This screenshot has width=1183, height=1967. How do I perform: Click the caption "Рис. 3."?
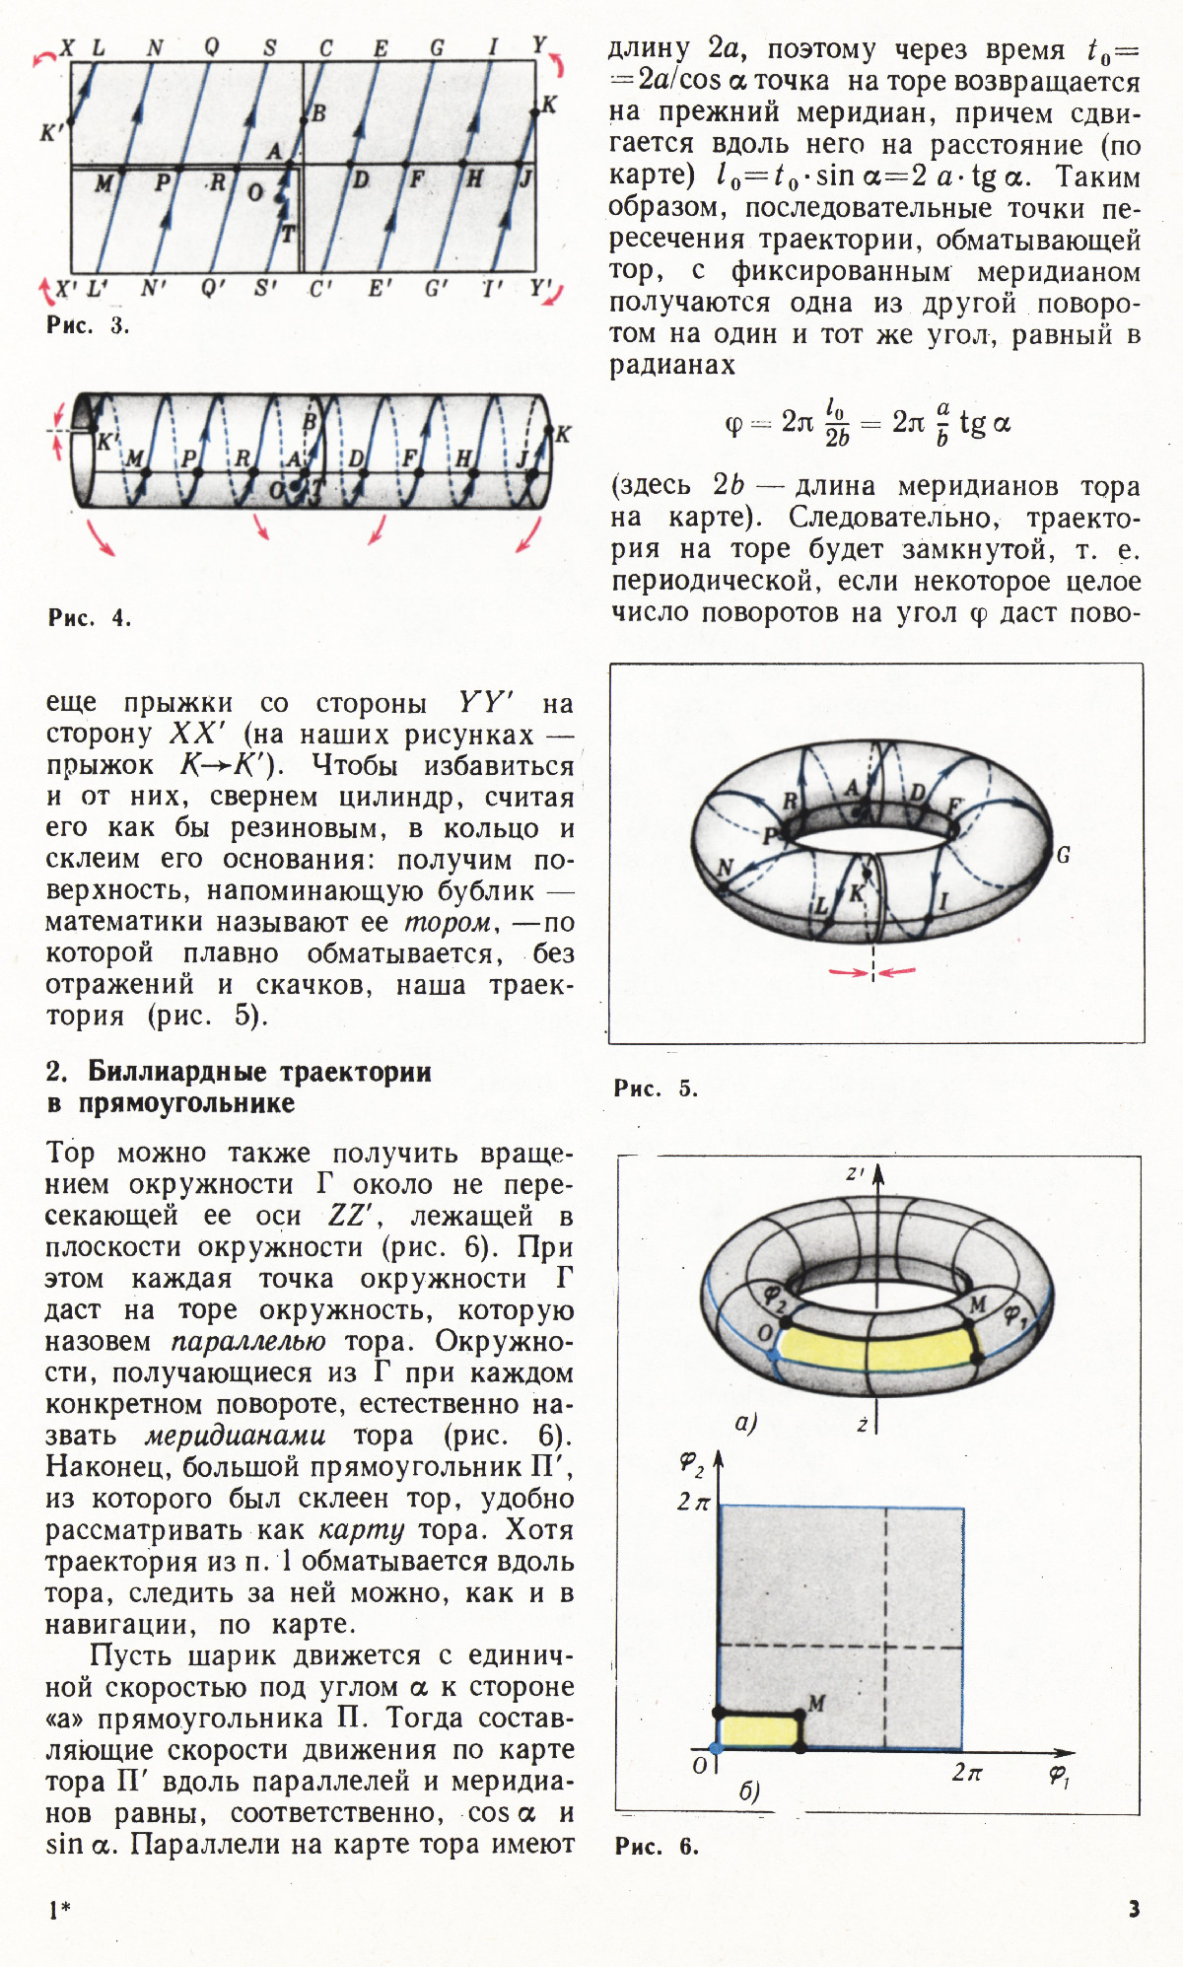click(x=87, y=325)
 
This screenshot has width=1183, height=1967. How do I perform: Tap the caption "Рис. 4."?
click(x=89, y=618)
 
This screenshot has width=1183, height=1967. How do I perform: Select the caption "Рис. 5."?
click(x=656, y=1089)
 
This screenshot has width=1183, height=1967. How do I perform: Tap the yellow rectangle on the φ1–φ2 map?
click(x=759, y=1730)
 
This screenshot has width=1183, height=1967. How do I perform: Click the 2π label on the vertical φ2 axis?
click(x=693, y=1502)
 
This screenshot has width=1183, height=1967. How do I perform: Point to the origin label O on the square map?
click(x=699, y=1765)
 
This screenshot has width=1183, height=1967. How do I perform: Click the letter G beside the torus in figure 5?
click(x=1063, y=856)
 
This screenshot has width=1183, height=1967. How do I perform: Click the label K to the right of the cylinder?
click(x=563, y=434)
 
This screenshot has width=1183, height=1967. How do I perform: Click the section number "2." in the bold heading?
click(x=57, y=1072)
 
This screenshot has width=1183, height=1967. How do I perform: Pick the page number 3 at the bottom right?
click(x=1134, y=1909)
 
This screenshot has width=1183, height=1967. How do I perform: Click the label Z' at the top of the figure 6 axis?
click(x=855, y=1174)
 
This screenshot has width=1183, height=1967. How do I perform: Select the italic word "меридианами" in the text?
click(x=237, y=1436)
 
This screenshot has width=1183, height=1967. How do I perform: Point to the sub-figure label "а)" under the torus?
click(x=746, y=1423)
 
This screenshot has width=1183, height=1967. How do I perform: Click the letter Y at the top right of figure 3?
click(x=539, y=45)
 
